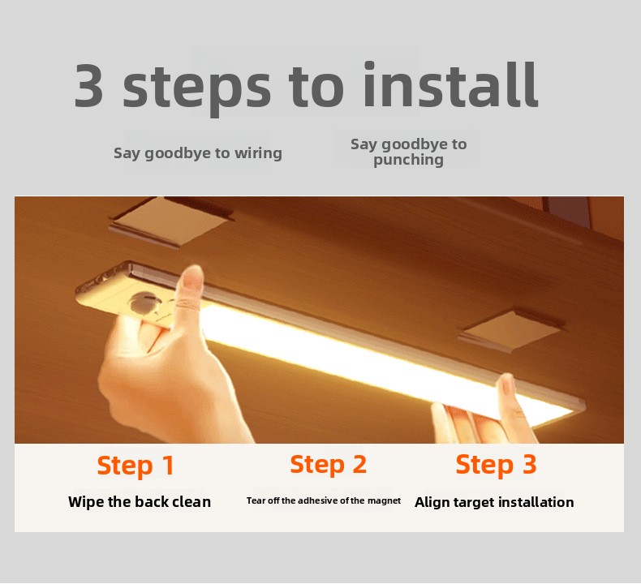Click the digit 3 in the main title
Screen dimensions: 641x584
(x=88, y=85)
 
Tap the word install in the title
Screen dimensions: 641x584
(x=450, y=84)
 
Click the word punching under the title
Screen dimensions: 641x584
(x=408, y=161)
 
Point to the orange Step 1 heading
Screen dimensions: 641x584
(x=136, y=466)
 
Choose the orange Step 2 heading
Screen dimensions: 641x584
(x=328, y=465)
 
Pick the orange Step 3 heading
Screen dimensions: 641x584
(x=496, y=465)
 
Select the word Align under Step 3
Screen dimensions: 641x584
(x=431, y=502)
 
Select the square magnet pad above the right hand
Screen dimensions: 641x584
(x=512, y=331)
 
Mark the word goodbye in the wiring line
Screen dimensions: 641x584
(x=179, y=154)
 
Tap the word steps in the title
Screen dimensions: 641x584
(x=196, y=88)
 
